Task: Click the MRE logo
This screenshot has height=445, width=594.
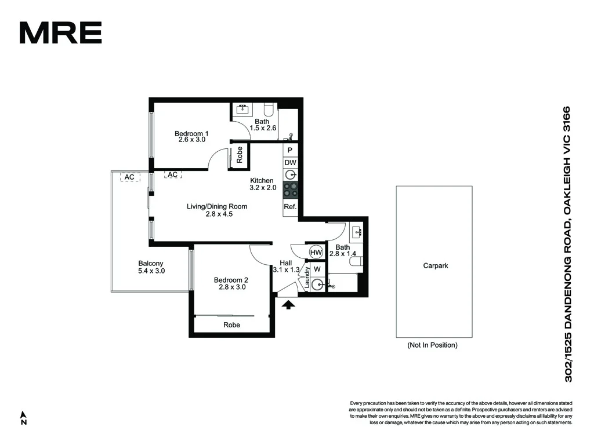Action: point(60,32)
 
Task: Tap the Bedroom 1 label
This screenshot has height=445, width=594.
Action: point(191,137)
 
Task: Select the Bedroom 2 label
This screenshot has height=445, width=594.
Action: point(232,283)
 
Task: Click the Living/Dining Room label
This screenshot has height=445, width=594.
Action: point(218,210)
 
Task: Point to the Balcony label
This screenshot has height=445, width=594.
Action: point(151,267)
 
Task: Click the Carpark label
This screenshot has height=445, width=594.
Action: point(435,266)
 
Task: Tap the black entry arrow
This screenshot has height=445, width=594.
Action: point(288,304)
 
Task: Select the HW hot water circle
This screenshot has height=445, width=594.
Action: point(316,253)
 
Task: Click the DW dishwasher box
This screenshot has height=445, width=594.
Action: point(290,163)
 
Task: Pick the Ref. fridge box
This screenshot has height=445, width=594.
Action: point(290,206)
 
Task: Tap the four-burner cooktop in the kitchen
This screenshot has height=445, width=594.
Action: point(290,189)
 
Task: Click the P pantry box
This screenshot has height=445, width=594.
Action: point(290,149)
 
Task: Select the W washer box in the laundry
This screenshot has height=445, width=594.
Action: point(317,269)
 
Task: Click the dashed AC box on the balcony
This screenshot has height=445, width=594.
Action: point(129,177)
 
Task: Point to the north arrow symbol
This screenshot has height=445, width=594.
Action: point(24,418)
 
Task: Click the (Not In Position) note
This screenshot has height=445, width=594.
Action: point(432,345)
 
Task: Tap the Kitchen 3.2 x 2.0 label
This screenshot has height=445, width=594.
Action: point(262,184)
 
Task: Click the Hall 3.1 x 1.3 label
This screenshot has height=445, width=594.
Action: point(286,266)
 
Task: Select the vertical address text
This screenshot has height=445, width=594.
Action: point(568,243)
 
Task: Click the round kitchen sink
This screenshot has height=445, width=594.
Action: point(290,176)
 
